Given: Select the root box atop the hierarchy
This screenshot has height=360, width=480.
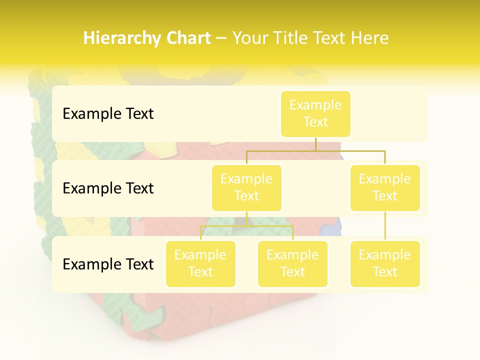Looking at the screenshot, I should coord(315,114).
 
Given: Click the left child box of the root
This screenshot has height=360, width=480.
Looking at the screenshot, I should coord(246,188).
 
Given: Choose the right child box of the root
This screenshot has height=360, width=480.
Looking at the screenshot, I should coord(385,188).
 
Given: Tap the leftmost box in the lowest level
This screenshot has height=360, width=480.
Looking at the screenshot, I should coord(200,264).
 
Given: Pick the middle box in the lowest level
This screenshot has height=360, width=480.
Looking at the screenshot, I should coord(292,264).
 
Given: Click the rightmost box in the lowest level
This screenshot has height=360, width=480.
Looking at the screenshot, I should coord(385,264).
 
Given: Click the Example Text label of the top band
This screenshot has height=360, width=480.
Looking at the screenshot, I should coord(108,114).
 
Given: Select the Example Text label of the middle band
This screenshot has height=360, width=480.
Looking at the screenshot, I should coord(108,188).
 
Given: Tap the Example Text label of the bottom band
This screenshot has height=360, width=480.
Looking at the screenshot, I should coord(108,264).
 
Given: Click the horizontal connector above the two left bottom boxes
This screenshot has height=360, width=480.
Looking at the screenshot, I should coord(246,226).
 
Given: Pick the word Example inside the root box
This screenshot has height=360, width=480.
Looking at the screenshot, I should coord(315,105).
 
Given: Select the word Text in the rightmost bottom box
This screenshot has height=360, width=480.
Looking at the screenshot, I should coord(385,272).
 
